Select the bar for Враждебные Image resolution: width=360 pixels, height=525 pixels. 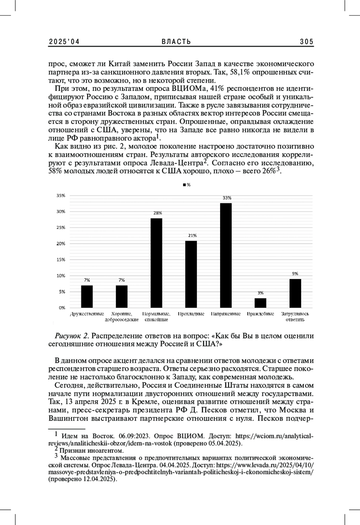point(260,303)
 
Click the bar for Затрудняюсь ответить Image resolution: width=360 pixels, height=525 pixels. point(295,293)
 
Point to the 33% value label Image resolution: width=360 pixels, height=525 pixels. point(227,198)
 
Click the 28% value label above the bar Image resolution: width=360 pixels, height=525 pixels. point(158,213)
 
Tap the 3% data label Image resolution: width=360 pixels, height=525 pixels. point(260,293)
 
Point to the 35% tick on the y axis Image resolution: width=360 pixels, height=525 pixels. point(61,196)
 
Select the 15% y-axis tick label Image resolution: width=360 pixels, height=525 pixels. point(61,259)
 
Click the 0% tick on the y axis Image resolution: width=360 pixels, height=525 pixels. point(62,307)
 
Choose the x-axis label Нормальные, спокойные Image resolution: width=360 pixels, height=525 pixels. point(156,317)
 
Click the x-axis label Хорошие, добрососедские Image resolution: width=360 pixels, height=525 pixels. point(121,317)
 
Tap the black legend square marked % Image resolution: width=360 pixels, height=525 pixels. point(184,185)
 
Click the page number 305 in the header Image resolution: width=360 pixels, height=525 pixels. point(306,42)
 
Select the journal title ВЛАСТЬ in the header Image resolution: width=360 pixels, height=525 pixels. point(176,42)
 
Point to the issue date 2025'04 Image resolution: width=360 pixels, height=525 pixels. point(64,42)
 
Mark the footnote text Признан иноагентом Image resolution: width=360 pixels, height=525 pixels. point(91,451)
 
